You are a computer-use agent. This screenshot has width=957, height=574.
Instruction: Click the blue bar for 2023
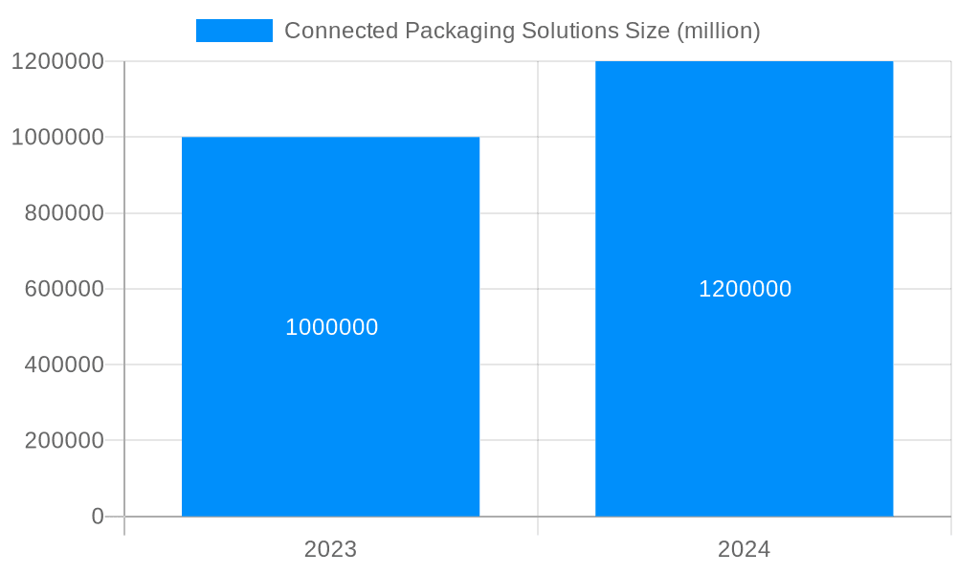330,421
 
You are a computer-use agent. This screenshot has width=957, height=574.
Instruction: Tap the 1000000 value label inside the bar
332,327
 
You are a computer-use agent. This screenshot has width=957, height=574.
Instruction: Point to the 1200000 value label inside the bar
745,289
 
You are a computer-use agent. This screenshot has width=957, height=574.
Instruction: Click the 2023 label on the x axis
330,550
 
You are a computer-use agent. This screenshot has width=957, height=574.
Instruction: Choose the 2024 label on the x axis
744,550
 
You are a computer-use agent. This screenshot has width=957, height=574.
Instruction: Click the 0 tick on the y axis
98,517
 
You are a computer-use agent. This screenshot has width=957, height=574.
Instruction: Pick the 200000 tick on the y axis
63,441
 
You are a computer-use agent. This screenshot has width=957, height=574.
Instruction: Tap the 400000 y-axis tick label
63,364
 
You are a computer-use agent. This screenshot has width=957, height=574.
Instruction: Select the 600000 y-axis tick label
63,289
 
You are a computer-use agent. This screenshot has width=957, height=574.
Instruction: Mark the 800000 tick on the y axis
63,213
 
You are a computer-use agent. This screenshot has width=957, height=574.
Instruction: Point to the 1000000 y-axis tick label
57,137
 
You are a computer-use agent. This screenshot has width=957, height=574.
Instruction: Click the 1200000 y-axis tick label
57,61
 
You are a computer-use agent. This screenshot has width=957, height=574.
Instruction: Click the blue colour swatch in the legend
234,31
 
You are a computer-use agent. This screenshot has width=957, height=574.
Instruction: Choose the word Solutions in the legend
570,31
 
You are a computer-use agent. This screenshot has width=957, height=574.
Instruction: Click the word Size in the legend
647,31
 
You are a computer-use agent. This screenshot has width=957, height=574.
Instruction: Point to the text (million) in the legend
718,31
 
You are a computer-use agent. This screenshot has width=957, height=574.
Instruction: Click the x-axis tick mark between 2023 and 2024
538,526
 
